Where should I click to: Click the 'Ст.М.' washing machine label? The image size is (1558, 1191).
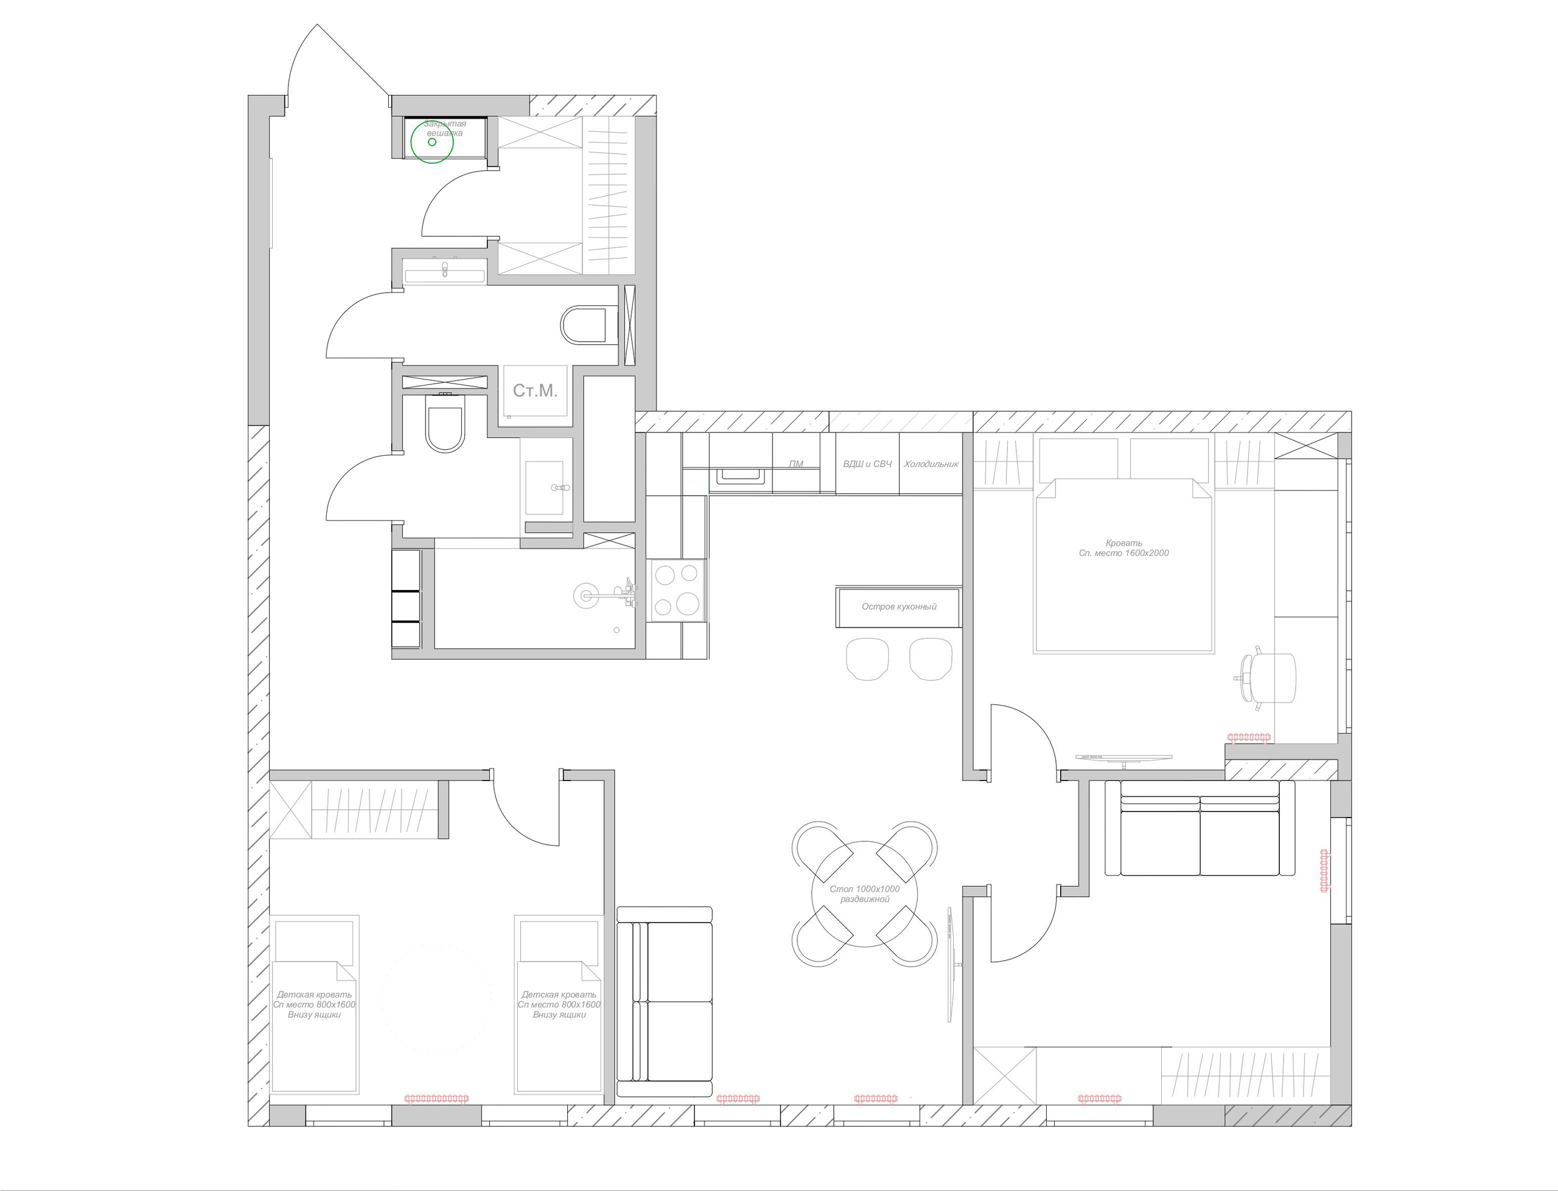535,391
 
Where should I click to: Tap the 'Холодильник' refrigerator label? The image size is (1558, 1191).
931,464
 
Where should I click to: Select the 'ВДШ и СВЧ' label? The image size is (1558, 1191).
867,464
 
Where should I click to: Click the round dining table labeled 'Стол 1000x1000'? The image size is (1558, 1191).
864,894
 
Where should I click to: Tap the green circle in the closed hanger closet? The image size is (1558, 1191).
432,142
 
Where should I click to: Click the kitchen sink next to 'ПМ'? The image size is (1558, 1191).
741,476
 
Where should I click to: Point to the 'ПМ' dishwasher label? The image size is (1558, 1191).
795,464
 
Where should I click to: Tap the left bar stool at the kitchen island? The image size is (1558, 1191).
867,659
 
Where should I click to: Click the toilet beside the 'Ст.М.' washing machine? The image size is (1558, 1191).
445,424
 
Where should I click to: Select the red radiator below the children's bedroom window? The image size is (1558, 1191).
436,1099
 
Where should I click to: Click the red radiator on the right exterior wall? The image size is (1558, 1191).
1323,870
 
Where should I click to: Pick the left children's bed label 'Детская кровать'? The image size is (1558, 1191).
314,1004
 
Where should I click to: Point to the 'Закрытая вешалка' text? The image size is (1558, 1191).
445,128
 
